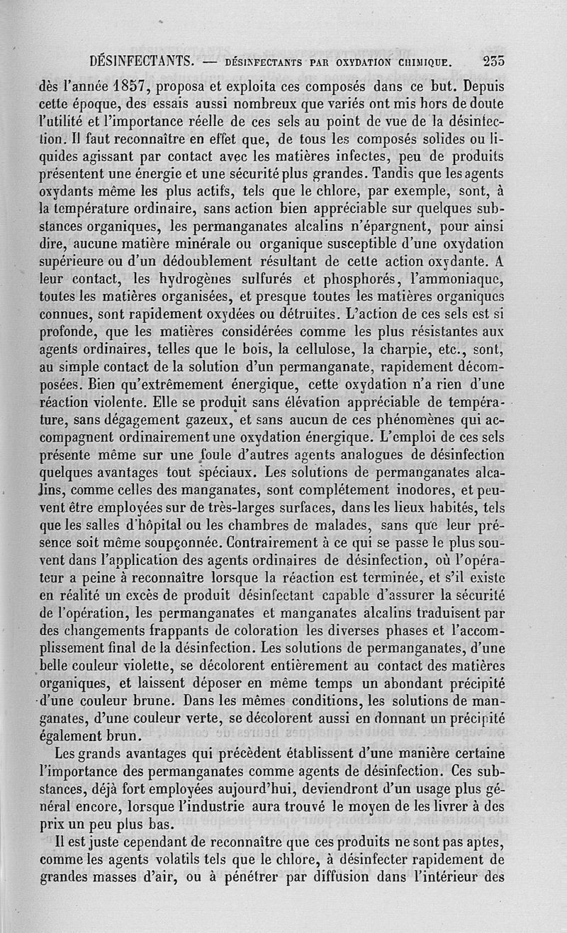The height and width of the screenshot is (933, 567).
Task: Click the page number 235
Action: pos(490,62)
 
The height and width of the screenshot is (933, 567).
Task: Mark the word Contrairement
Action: pos(191,543)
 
